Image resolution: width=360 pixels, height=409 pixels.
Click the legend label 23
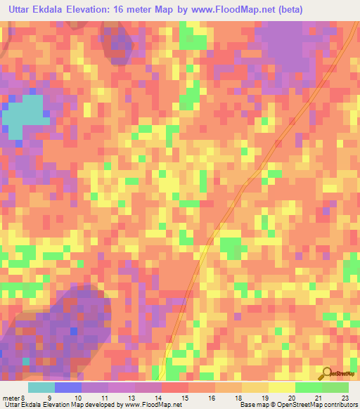point(345,397)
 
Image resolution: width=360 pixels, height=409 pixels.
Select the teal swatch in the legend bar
point(41,387)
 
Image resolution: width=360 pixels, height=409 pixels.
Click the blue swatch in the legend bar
point(68,387)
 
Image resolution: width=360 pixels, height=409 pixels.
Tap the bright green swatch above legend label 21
point(309,387)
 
